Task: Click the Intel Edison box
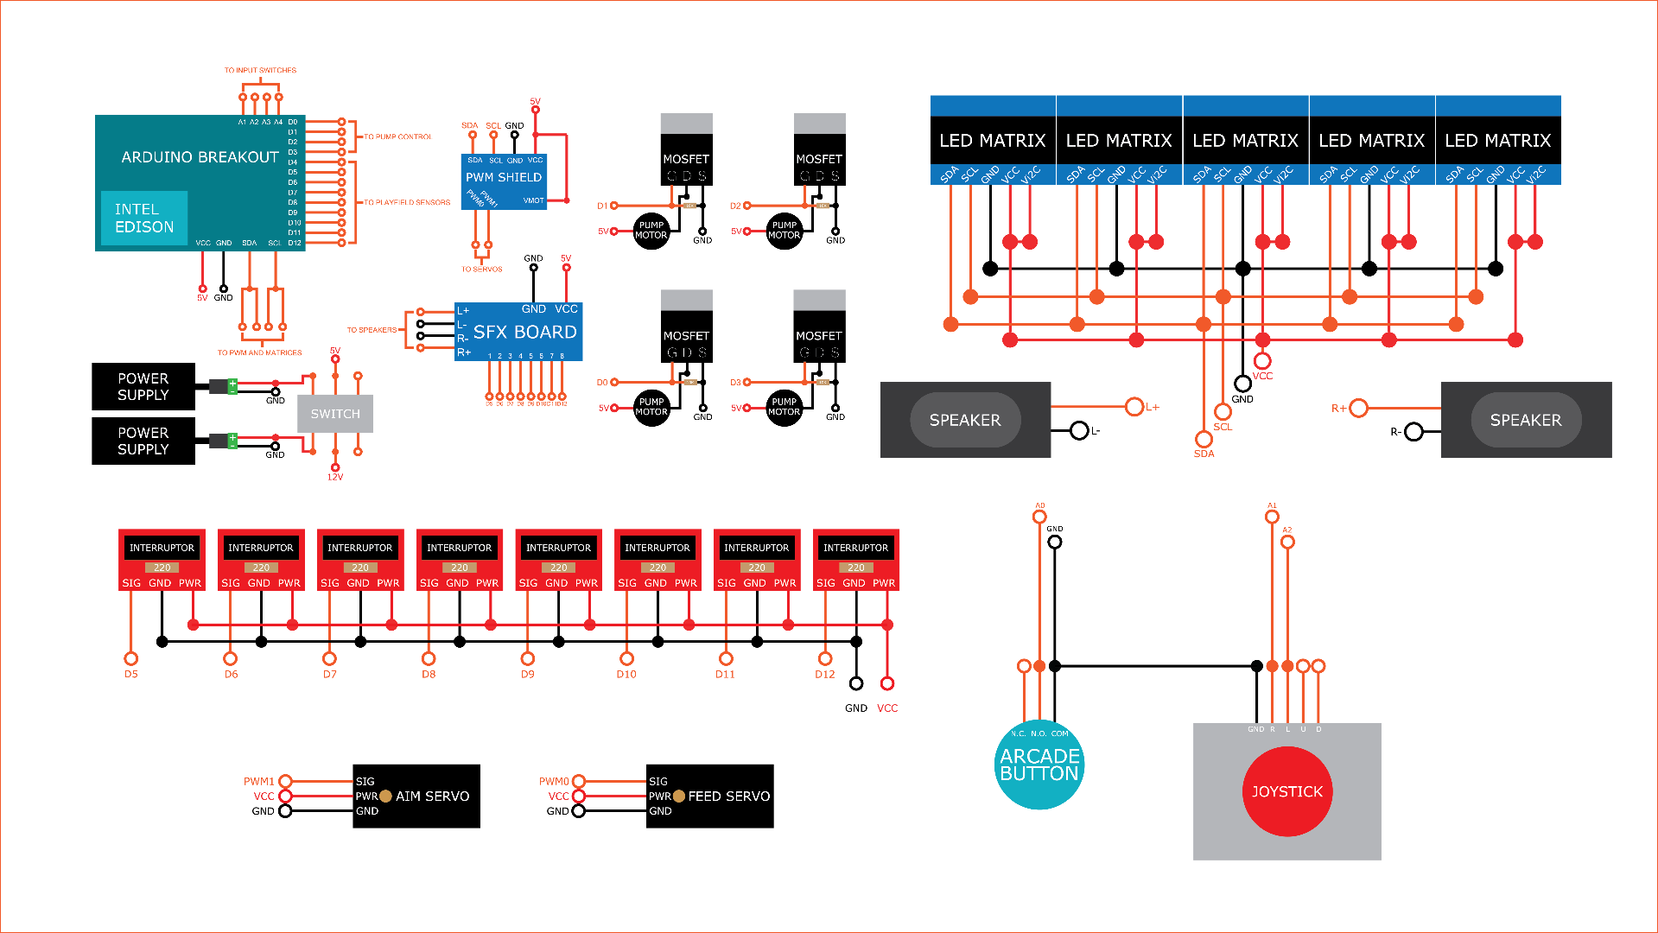tap(144, 218)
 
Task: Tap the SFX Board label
tap(524, 333)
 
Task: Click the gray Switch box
tap(335, 414)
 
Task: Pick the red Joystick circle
tap(1287, 791)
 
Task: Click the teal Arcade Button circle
tap(1039, 765)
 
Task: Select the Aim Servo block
tap(416, 796)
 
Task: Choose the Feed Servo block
tap(709, 796)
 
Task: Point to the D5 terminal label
tap(131, 674)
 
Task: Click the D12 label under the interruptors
tap(824, 674)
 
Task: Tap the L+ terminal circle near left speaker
tap(1134, 406)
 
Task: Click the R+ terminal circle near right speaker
tap(1359, 408)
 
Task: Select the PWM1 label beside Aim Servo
tap(259, 781)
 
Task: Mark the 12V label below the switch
tap(335, 477)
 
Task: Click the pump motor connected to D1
tap(651, 231)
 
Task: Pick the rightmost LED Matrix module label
tap(1498, 141)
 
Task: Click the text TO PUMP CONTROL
tap(397, 136)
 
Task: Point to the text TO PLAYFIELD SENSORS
tap(407, 202)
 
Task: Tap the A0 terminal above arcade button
tap(1039, 517)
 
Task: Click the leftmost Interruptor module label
tap(162, 548)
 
